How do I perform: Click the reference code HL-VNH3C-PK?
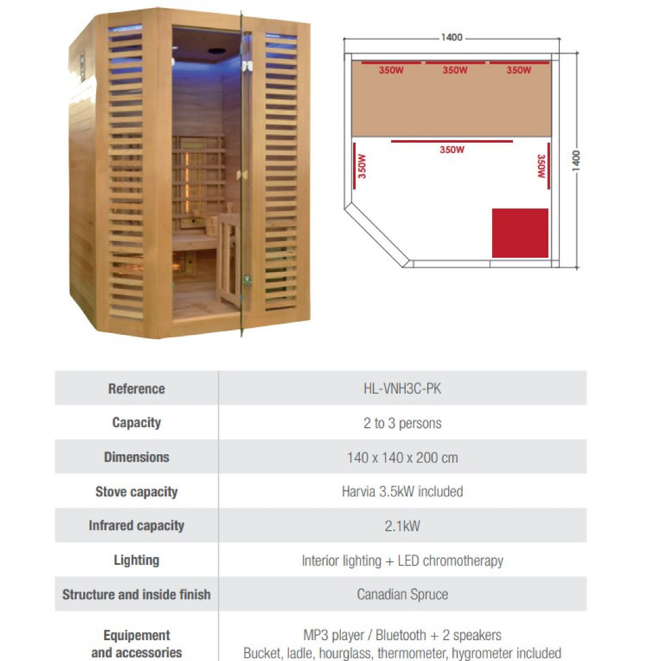coord(402,388)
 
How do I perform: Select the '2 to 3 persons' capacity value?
coord(402,423)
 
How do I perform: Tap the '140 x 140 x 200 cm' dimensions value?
coord(402,457)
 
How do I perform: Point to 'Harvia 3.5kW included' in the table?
coord(402,491)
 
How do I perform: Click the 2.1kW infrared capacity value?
coord(402,526)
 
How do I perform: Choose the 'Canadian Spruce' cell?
coord(402,594)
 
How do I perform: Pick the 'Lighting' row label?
coord(136,560)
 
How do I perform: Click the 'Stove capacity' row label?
coord(136,492)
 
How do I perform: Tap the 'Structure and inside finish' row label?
coord(136,594)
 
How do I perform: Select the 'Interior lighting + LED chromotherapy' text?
coord(402,561)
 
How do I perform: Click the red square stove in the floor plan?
coord(520,233)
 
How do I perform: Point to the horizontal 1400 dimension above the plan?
coord(452,37)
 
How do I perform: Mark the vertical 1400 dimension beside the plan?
coord(576,160)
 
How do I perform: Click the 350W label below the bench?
coord(452,150)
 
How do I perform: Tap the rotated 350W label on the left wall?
coord(362,166)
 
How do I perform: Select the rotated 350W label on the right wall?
coord(541,166)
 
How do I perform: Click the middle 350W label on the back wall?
coord(455,70)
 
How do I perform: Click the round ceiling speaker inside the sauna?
coord(217,51)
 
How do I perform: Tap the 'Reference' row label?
coord(136,389)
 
